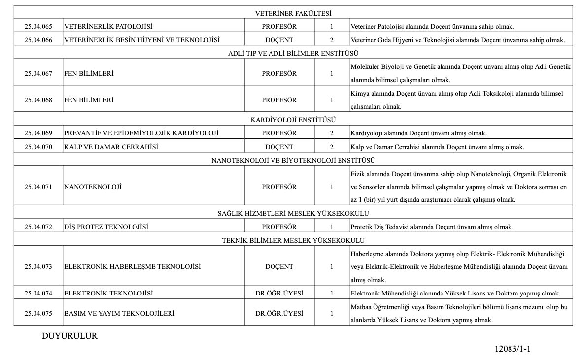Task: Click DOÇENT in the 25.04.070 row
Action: (279, 147)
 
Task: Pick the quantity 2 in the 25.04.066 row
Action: (332, 40)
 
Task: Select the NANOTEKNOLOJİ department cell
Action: (93, 187)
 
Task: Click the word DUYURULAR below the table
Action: (70, 336)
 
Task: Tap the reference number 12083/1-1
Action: (512, 349)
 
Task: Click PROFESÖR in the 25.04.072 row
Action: (279, 227)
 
